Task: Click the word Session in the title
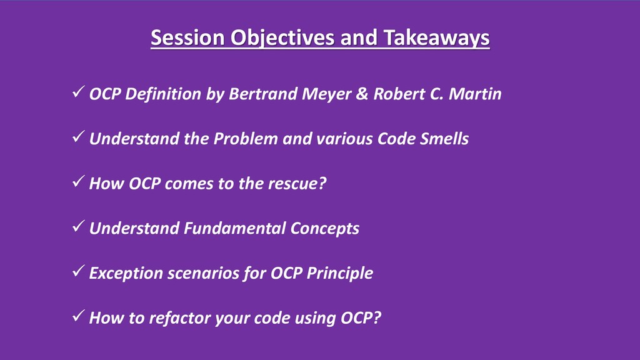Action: point(187,37)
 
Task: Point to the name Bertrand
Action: point(263,94)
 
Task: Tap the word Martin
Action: point(475,94)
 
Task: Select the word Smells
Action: point(444,139)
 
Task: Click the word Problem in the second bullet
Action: point(246,139)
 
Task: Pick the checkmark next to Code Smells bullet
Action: point(78,136)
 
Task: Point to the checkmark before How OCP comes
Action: point(78,181)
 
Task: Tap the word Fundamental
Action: point(234,228)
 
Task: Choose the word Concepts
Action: point(325,229)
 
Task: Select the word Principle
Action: point(339,274)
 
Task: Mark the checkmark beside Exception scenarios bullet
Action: point(78,271)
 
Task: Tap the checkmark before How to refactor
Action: point(78,316)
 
